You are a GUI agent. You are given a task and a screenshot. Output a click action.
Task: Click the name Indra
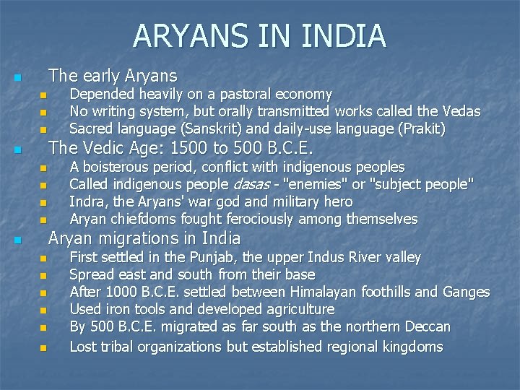pos(86,201)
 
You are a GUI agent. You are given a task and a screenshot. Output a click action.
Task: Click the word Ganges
pos(467,292)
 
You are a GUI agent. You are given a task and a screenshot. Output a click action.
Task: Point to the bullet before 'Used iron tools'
pos(43,311)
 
